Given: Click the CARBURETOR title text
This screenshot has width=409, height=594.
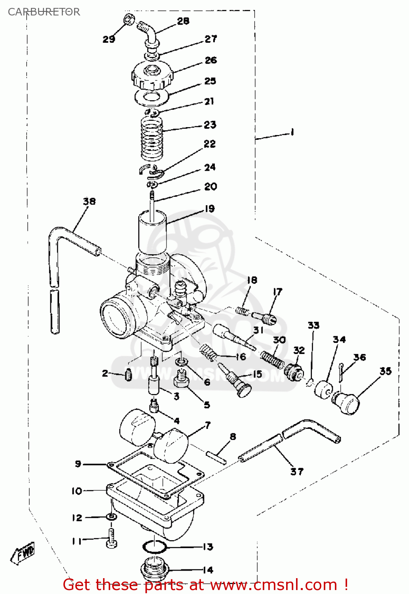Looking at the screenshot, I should [x=44, y=12].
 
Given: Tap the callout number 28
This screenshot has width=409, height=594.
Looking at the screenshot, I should [x=183, y=21].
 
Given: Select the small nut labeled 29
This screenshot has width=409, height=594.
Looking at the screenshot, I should [x=128, y=19].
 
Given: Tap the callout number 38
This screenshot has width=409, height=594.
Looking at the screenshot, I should [x=89, y=201].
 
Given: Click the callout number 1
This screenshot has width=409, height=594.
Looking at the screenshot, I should [x=292, y=132].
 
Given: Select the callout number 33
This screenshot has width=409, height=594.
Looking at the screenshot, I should [x=313, y=325].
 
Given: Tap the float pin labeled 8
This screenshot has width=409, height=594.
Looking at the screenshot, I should [x=216, y=457].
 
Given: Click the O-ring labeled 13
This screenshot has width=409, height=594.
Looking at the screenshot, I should [x=154, y=547].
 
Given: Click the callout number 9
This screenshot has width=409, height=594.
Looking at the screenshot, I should [x=78, y=464].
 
